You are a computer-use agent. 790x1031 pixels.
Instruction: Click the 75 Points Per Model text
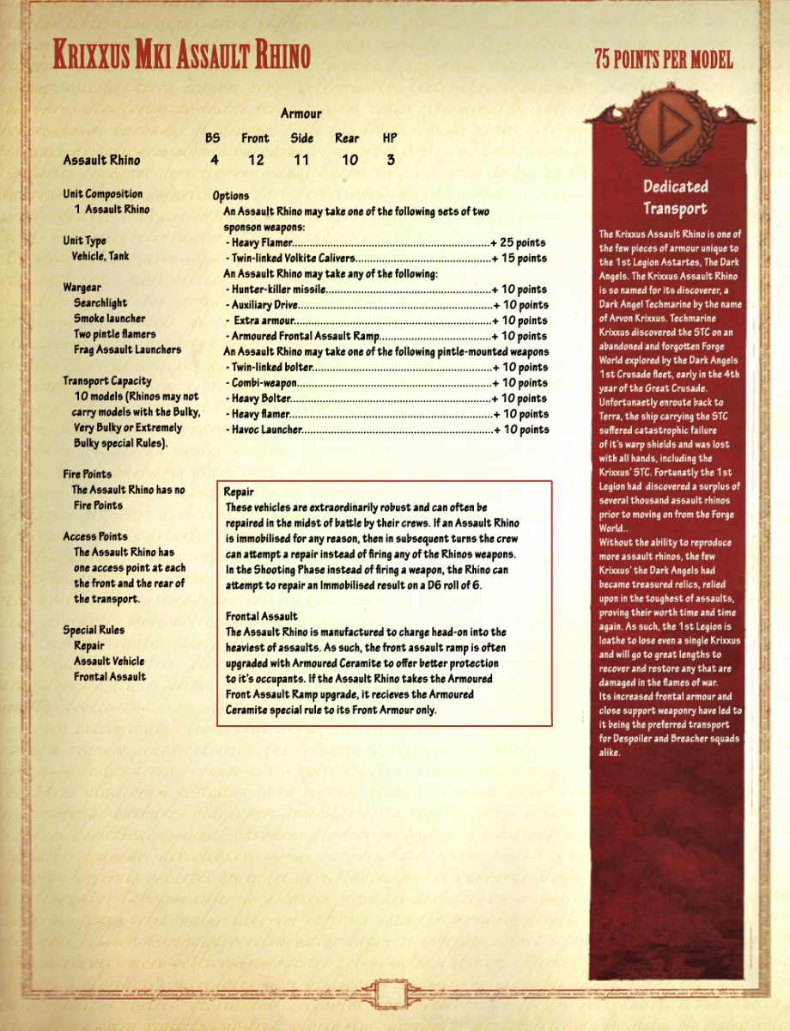tap(664, 59)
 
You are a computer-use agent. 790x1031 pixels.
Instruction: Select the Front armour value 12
tap(255, 160)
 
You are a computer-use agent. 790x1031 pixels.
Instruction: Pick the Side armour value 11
tap(301, 160)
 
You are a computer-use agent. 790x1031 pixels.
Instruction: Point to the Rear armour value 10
tap(347, 160)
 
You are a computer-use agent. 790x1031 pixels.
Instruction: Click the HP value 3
tap(390, 160)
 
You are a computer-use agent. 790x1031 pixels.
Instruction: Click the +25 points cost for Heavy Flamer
tap(519, 242)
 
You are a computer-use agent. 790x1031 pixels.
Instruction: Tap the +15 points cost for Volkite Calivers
tap(519, 258)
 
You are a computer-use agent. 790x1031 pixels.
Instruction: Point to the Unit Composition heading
tap(103, 194)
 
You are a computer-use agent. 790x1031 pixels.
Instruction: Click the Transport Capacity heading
tap(107, 381)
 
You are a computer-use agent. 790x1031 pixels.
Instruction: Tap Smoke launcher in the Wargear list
tap(109, 319)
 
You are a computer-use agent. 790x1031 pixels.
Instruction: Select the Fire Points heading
tap(88, 474)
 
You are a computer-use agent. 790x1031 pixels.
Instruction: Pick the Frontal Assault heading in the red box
tap(262, 616)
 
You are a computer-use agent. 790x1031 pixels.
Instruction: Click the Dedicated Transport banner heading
tap(676, 198)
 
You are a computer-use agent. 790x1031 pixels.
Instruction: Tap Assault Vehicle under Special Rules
tap(109, 662)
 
